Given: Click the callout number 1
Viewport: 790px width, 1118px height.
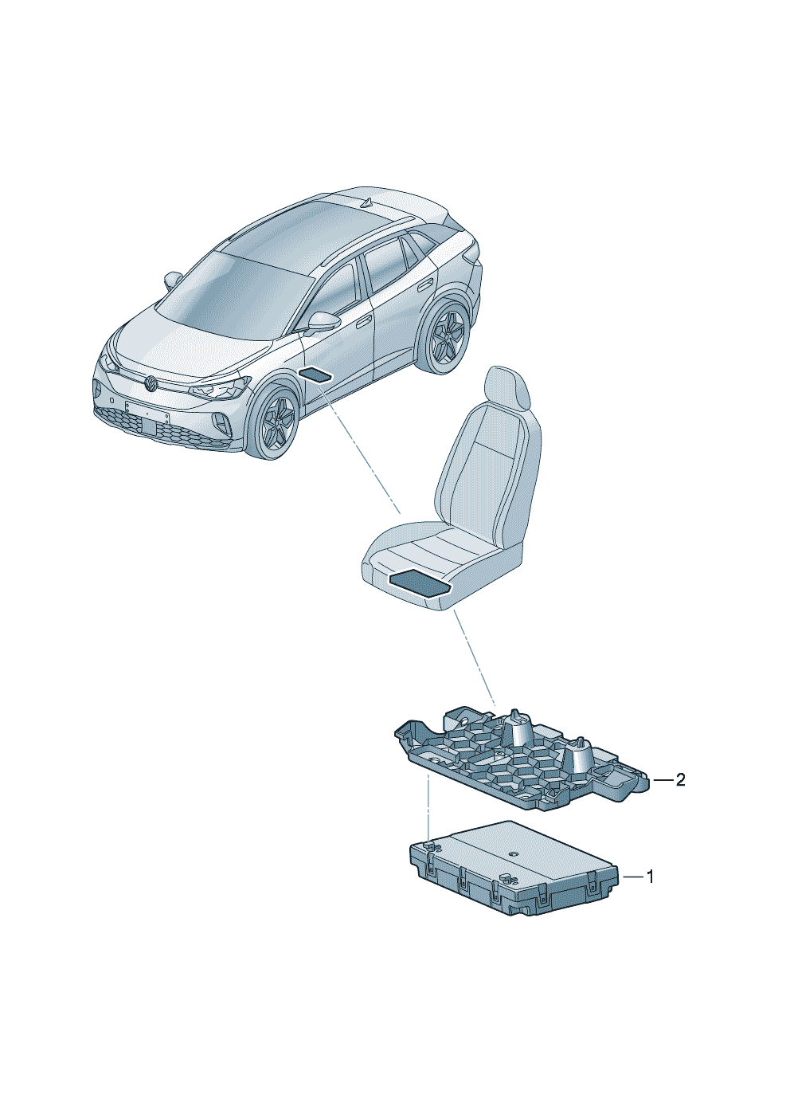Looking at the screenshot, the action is pyautogui.click(x=650, y=877).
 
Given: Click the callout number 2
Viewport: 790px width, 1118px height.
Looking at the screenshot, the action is pyautogui.click(x=679, y=780).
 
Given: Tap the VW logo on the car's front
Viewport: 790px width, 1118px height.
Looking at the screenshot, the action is pyautogui.click(x=150, y=384).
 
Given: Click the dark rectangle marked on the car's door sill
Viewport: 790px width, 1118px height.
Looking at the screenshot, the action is pyautogui.click(x=316, y=375).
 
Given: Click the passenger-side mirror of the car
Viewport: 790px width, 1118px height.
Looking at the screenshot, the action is pyautogui.click(x=173, y=280).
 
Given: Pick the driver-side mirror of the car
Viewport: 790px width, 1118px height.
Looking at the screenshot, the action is pyautogui.click(x=323, y=321).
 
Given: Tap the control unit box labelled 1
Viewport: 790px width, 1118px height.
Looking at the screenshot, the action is pyautogui.click(x=514, y=869).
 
